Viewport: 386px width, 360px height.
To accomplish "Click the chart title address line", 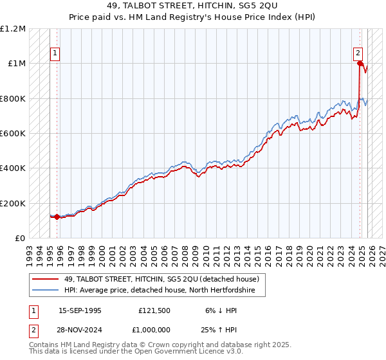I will pos(192,6).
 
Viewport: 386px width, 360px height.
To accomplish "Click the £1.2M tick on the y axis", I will pos(13,29).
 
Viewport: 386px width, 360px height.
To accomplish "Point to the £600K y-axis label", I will pos(13,134).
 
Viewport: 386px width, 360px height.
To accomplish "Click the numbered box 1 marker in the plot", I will pos(55,54).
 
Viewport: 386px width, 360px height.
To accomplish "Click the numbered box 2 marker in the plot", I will pos(358,54).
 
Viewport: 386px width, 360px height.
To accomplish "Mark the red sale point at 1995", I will pos(57,217).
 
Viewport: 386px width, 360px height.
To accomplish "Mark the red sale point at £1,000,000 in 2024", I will pos(359,63).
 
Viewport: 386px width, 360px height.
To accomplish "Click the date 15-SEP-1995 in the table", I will pos(80,310).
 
